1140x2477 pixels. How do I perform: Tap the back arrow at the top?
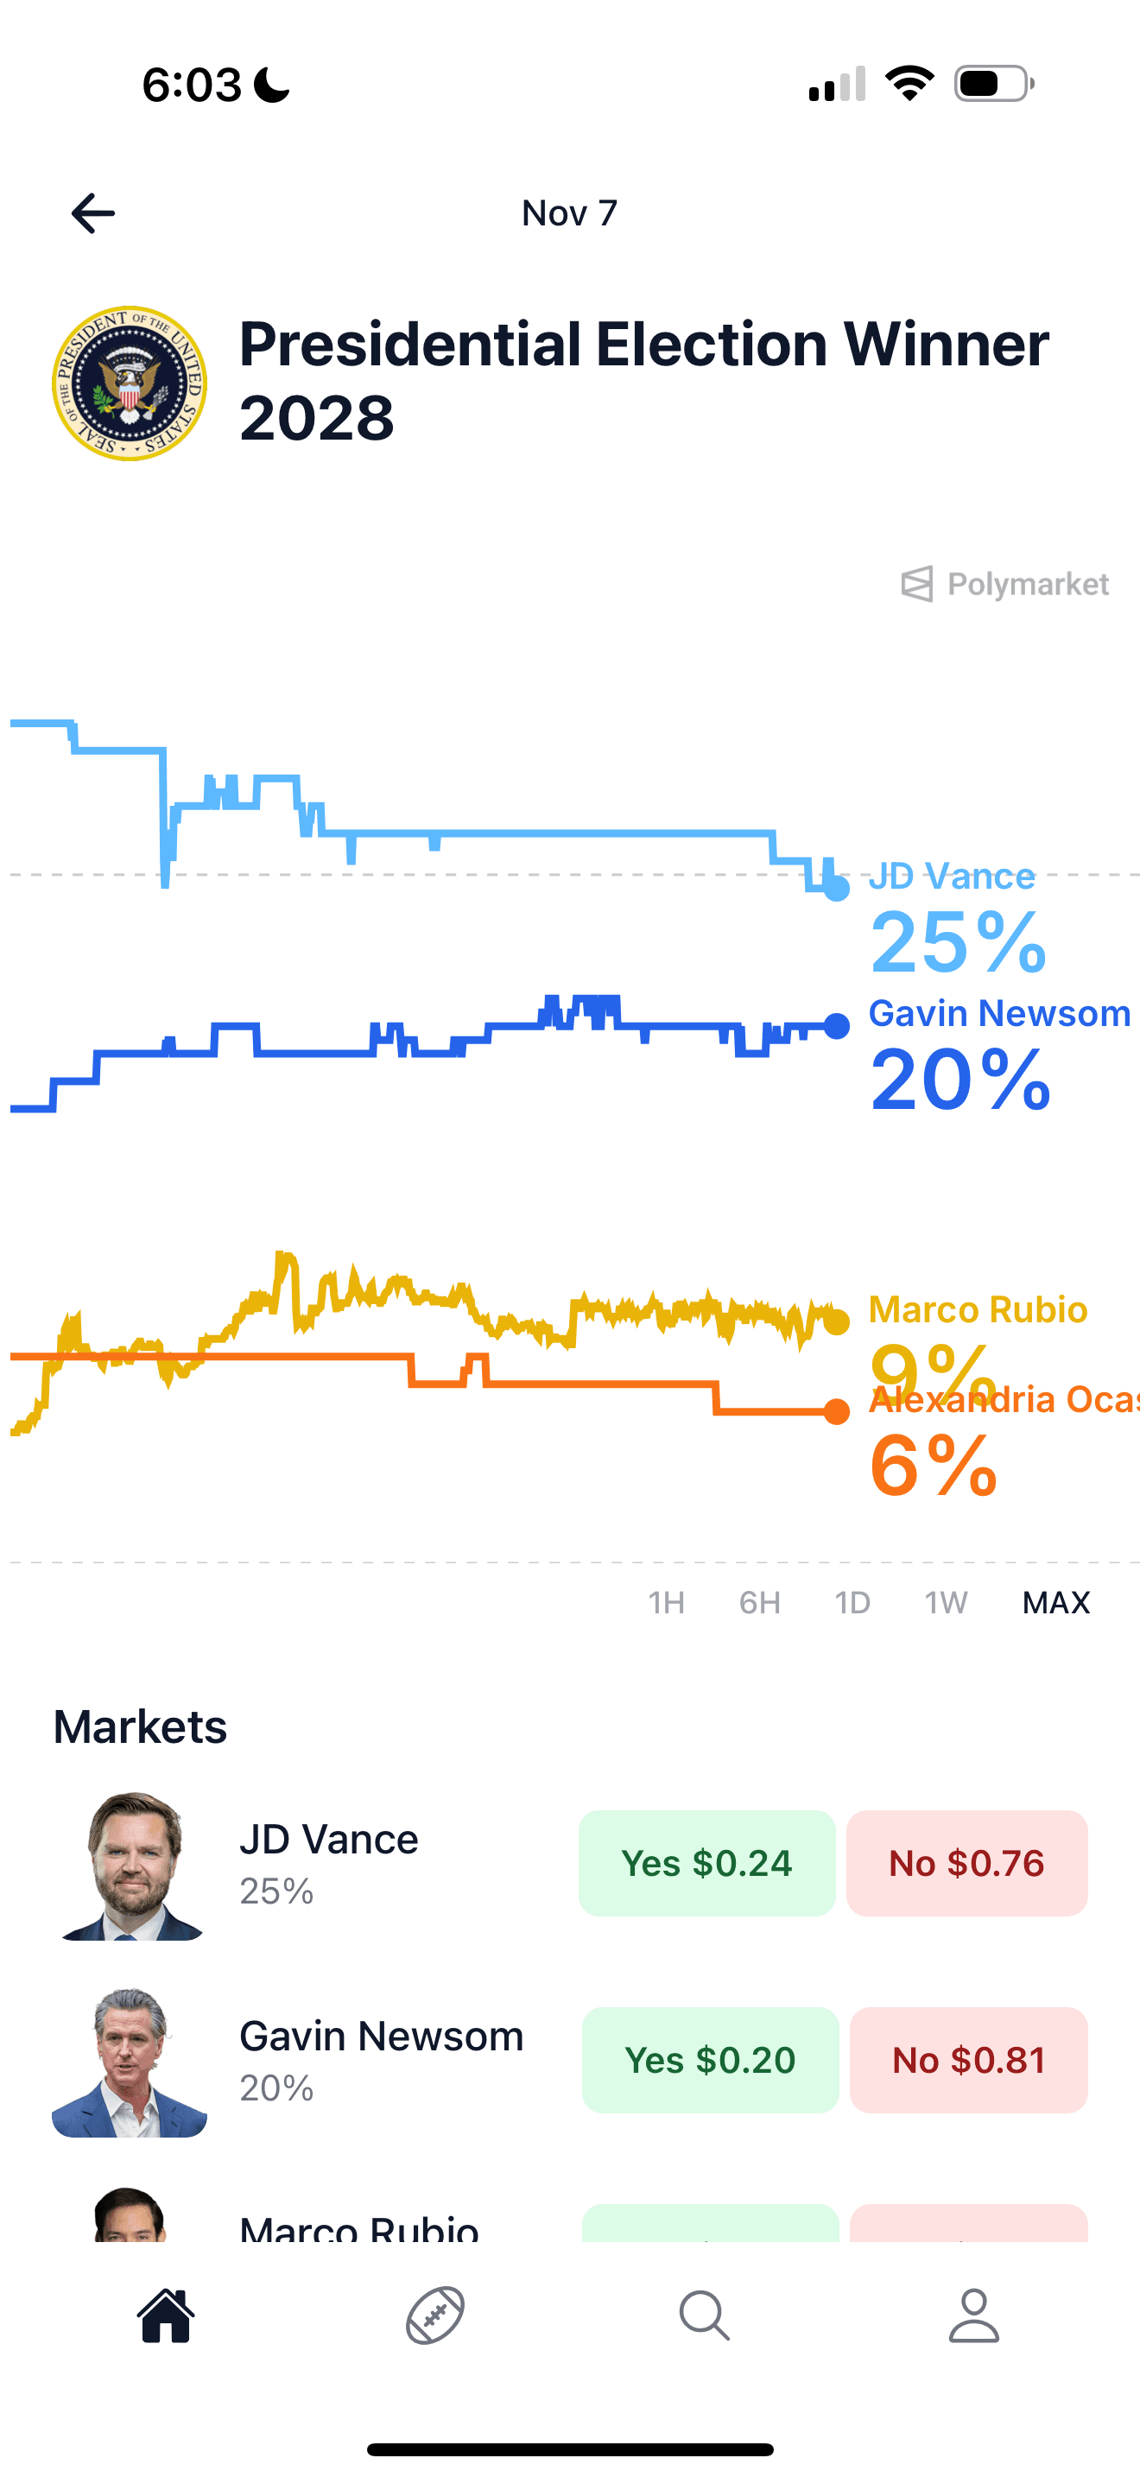coord(93,213)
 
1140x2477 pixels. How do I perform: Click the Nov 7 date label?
coord(569,213)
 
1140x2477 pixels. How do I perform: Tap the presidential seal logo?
coord(130,383)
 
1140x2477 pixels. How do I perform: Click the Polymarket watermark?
coord(1005,584)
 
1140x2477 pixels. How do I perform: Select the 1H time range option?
coord(666,1603)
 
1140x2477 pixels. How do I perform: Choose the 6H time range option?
coord(759,1603)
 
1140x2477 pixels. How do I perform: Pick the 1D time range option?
coord(852,1603)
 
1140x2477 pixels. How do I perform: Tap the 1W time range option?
coord(946,1603)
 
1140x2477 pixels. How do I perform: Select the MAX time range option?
coord(1055,1603)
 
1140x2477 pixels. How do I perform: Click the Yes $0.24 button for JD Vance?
coord(706,1864)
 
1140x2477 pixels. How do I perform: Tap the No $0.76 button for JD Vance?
coord(967,1864)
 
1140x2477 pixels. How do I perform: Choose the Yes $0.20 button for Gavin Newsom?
coord(710,2060)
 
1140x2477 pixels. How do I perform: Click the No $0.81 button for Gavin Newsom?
coord(969,2060)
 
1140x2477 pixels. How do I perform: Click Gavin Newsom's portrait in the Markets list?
coord(130,2062)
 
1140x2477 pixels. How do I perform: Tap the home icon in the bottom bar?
coord(167,2315)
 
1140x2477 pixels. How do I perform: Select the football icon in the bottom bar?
coord(435,2315)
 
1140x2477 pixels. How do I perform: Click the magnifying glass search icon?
coord(705,2315)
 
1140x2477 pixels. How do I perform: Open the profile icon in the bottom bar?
coord(973,2315)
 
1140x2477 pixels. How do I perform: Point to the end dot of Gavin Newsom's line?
coord(837,1026)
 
